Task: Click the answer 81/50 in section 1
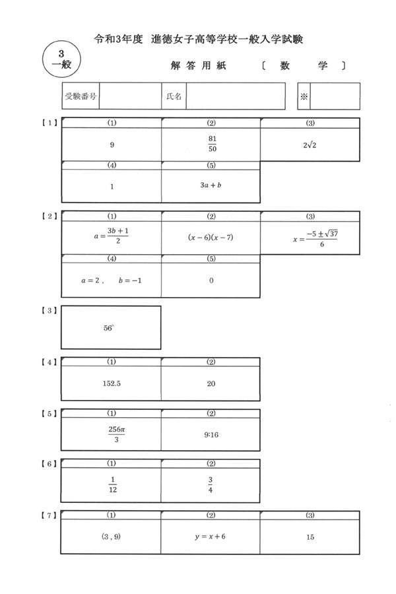pyautogui.click(x=213, y=144)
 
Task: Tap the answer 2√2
pyautogui.click(x=310, y=145)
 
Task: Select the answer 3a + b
pyautogui.click(x=211, y=185)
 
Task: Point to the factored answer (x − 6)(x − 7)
pyautogui.click(x=211, y=237)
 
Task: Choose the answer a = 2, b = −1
pyautogui.click(x=112, y=280)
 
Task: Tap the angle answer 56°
pyautogui.click(x=109, y=328)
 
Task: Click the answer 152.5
pyautogui.click(x=112, y=383)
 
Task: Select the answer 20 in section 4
pyautogui.click(x=211, y=383)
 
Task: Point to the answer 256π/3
pyautogui.click(x=117, y=434)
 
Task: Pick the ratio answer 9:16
pyautogui.click(x=211, y=435)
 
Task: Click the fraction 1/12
pyautogui.click(x=113, y=484)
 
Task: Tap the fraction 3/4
pyautogui.click(x=211, y=484)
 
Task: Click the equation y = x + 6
pyautogui.click(x=211, y=537)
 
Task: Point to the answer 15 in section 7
pyautogui.click(x=310, y=537)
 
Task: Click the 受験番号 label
pyautogui.click(x=81, y=96)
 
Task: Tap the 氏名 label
pyautogui.click(x=174, y=96)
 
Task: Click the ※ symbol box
pyautogui.click(x=304, y=96)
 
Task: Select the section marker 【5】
pyautogui.click(x=49, y=414)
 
